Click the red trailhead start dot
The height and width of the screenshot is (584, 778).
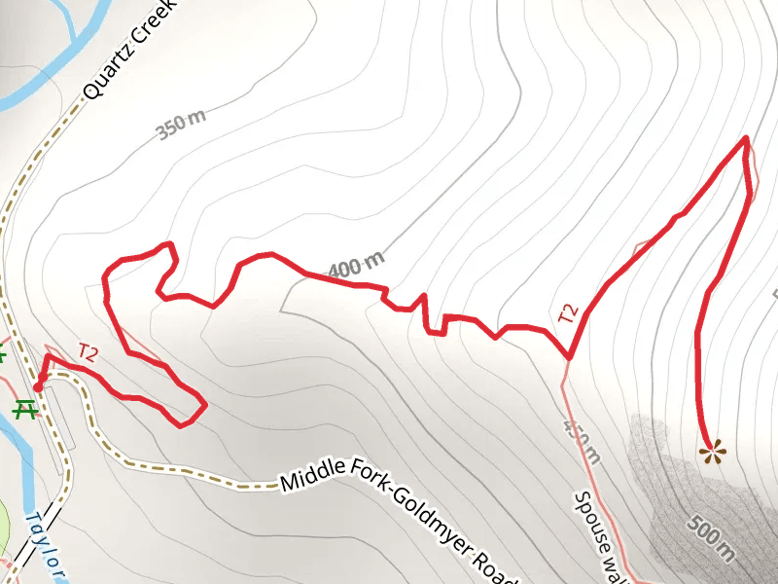[37, 386]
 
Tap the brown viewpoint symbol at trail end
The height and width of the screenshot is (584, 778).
[713, 451]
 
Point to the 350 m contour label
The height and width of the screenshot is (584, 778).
[181, 126]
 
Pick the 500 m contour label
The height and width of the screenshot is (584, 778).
[710, 536]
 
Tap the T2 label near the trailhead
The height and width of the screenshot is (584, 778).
[88, 353]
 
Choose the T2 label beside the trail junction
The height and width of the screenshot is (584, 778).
[568, 314]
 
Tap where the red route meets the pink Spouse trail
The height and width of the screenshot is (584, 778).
[568, 357]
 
